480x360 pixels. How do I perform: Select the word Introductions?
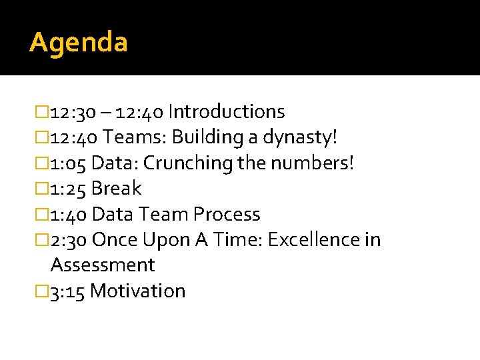tap(227, 111)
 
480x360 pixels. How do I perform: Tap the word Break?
tap(116, 189)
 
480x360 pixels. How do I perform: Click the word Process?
tap(227, 214)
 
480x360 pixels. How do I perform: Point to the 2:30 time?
tap(69, 240)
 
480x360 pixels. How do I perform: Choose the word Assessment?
tap(103, 265)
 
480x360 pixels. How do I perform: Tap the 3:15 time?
tap(67, 291)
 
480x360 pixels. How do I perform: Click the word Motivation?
tap(137, 291)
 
